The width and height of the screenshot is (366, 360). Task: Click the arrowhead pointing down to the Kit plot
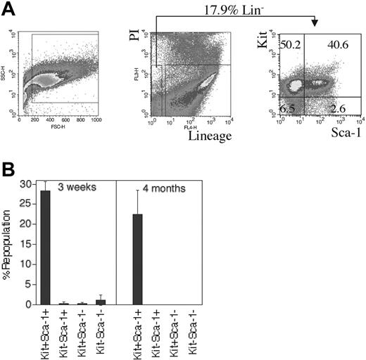tap(314, 22)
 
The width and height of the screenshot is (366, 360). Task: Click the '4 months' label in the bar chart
tap(167, 189)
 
